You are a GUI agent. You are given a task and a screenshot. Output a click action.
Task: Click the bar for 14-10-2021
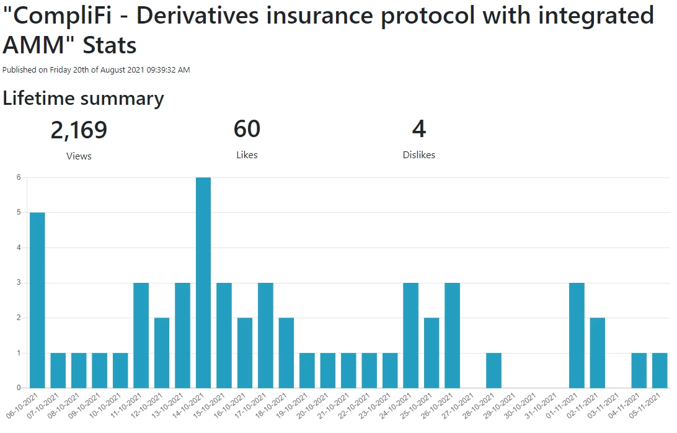pyautogui.click(x=203, y=283)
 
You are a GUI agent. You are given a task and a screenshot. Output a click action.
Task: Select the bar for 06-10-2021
pyautogui.click(x=37, y=300)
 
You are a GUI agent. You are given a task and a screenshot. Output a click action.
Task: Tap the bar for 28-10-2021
pyautogui.click(x=493, y=370)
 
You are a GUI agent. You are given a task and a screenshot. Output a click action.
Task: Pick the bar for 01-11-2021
pyautogui.click(x=577, y=336)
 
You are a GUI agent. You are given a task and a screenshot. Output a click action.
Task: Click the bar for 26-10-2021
pyautogui.click(x=452, y=336)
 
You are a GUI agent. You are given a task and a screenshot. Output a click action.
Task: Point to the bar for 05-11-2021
pyautogui.click(x=660, y=370)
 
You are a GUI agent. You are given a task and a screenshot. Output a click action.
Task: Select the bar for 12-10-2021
pyautogui.click(x=162, y=352)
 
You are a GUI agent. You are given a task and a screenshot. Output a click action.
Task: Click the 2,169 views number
pyautogui.click(x=79, y=130)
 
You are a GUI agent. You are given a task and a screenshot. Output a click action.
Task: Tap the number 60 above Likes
pyautogui.click(x=247, y=129)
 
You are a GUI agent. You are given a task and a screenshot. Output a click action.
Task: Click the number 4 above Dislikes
pyautogui.click(x=419, y=129)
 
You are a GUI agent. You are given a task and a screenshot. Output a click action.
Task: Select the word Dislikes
pyautogui.click(x=419, y=154)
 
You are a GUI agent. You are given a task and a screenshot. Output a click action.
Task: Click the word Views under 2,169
pyautogui.click(x=79, y=156)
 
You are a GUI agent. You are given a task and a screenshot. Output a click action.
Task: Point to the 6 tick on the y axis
pyautogui.click(x=19, y=177)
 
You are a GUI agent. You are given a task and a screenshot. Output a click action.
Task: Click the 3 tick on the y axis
pyautogui.click(x=19, y=283)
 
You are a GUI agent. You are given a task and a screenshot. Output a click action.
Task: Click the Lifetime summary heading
pyautogui.click(x=83, y=99)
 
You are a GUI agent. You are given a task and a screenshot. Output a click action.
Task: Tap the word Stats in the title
pyautogui.click(x=110, y=45)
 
